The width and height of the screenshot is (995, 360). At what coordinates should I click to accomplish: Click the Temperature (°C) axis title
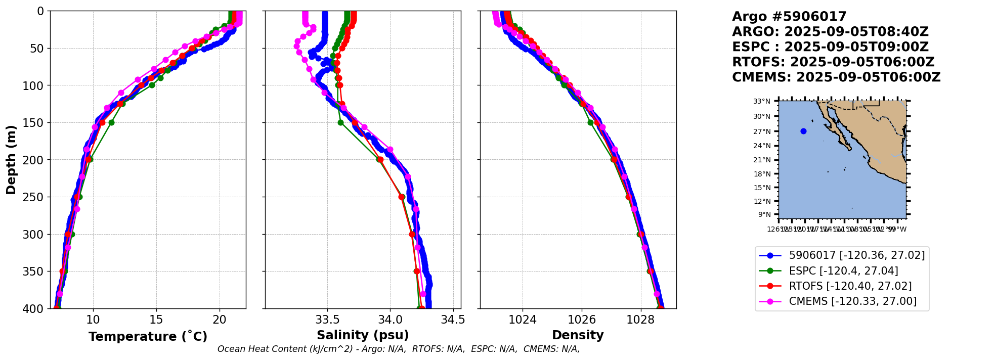(148, 337)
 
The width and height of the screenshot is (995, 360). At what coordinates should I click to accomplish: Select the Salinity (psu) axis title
(363, 335)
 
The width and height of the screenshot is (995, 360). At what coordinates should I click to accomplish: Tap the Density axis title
(578, 335)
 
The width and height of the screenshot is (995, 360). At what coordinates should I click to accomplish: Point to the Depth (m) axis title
(11, 160)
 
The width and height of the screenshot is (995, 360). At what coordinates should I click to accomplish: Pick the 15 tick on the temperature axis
(156, 320)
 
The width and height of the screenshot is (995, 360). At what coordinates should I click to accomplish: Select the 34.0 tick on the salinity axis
(390, 320)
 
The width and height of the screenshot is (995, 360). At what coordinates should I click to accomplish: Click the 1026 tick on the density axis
(582, 320)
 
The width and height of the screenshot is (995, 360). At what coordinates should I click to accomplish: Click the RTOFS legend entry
(850, 286)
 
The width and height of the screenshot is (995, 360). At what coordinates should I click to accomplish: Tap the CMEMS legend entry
(852, 301)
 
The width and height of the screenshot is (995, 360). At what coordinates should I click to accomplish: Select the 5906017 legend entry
(856, 255)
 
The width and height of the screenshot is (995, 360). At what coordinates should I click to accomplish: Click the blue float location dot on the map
(803, 131)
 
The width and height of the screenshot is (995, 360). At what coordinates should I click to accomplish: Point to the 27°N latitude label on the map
(762, 131)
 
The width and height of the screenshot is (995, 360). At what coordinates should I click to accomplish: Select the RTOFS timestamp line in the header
(833, 62)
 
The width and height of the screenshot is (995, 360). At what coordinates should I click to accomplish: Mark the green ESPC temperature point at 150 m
(112, 123)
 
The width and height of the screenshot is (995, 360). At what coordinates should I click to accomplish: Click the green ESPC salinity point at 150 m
(340, 123)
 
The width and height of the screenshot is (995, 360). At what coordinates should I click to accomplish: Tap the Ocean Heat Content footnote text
(399, 349)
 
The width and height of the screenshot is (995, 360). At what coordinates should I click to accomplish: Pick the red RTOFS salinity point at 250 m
(402, 197)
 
